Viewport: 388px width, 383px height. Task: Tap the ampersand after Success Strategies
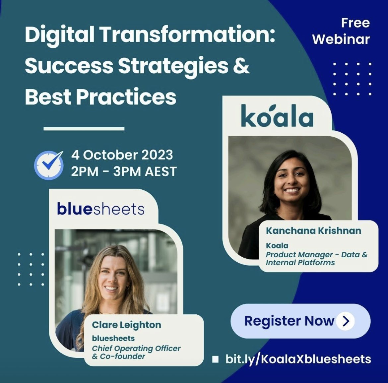pyautogui.click(x=241, y=66)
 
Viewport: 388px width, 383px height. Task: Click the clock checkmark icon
pyautogui.click(x=49, y=165)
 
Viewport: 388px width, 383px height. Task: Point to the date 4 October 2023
pyautogui.click(x=122, y=155)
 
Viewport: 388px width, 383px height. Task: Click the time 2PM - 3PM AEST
pyautogui.click(x=124, y=171)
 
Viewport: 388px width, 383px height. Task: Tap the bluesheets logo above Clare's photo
pyautogui.click(x=101, y=209)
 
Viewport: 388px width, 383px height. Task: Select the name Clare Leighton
pyautogui.click(x=127, y=325)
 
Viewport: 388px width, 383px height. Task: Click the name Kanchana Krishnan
pyautogui.click(x=313, y=230)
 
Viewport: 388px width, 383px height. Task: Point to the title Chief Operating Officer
pyautogui.click(x=136, y=349)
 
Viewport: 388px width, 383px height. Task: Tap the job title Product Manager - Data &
pyautogui.click(x=316, y=255)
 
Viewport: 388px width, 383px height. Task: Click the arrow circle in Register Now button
pyautogui.click(x=346, y=321)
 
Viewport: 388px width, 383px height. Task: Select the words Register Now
pyautogui.click(x=289, y=321)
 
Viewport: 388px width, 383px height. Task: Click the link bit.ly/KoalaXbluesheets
pyautogui.click(x=298, y=359)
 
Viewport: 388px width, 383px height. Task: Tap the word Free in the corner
pyautogui.click(x=355, y=23)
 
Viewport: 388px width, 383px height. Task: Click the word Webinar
pyautogui.click(x=341, y=39)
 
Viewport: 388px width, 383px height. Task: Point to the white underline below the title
pyautogui.click(x=84, y=128)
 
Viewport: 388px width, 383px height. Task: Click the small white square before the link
pyautogui.click(x=216, y=359)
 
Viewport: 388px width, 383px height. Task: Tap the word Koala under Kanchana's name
pyautogui.click(x=277, y=246)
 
